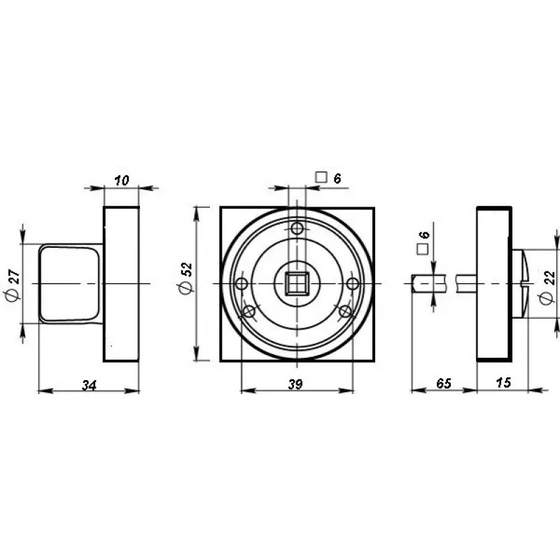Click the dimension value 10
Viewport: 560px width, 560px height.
121,181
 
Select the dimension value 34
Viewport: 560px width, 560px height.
89,386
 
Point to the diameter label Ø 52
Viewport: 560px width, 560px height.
186,278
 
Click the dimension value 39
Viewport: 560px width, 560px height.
295,384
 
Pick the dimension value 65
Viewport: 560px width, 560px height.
444,383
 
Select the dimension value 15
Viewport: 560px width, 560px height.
503,382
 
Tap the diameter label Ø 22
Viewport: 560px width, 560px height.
548,286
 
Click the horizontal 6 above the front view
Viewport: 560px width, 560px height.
337,178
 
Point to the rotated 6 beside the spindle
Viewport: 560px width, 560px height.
424,235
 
